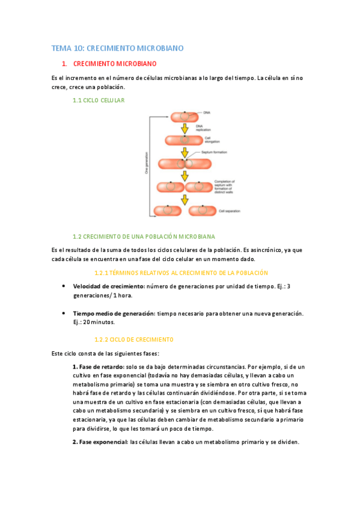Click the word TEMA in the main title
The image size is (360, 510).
(60, 48)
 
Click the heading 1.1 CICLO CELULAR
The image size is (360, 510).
(99, 100)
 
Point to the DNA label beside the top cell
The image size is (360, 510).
(207, 112)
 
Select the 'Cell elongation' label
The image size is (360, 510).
(210, 140)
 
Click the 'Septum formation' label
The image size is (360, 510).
(213, 152)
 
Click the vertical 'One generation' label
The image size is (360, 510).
(146, 162)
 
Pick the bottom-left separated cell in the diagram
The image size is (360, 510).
(168, 210)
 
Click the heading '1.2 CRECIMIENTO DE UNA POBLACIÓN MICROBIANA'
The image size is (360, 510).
(144, 236)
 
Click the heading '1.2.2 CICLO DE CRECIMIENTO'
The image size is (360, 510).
(134, 339)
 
